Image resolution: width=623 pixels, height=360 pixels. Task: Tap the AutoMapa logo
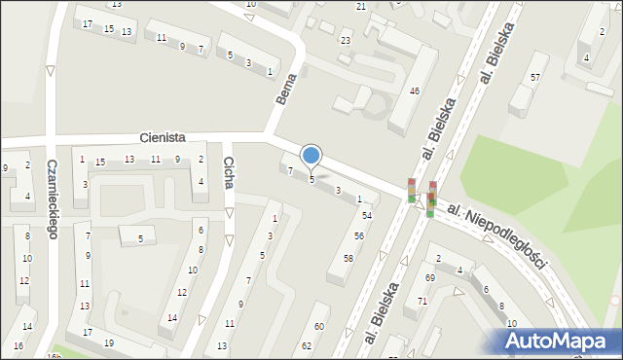(558, 341)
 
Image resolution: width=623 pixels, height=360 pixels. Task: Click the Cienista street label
(162, 139)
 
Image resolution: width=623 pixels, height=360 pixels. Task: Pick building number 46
(415, 90)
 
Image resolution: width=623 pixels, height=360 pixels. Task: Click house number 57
(534, 77)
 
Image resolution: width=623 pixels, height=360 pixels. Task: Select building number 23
(346, 40)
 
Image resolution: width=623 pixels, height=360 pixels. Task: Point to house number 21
(361, 7)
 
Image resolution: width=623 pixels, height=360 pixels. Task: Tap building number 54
(367, 215)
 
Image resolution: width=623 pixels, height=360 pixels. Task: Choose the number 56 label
(359, 236)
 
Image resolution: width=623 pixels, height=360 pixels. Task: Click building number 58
(348, 258)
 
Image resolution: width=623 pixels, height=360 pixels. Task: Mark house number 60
(318, 326)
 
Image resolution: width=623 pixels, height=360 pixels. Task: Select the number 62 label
(307, 345)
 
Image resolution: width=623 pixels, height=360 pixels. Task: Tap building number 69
(429, 278)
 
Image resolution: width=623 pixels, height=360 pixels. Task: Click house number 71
(422, 302)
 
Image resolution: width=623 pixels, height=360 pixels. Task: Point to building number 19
(109, 343)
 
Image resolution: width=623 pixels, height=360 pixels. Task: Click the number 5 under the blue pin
(311, 179)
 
